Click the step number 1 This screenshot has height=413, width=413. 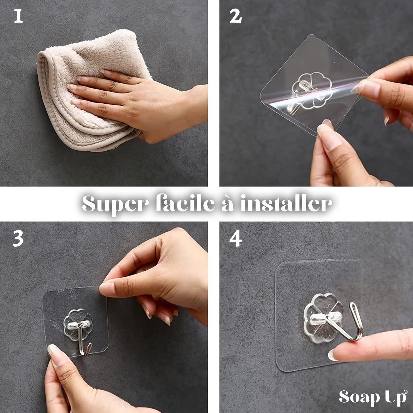(x=18, y=16)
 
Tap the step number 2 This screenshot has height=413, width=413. (x=235, y=16)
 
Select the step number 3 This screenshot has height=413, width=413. (x=18, y=238)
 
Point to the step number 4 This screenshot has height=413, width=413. (x=236, y=238)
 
